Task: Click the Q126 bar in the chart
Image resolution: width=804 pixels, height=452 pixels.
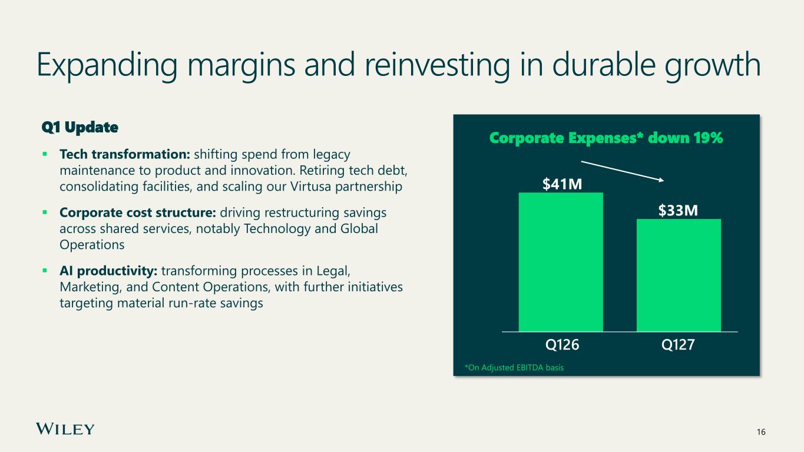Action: click(x=561, y=262)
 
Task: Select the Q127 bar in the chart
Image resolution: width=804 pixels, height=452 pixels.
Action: click(x=679, y=275)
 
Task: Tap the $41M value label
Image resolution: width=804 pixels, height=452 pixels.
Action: click(x=562, y=184)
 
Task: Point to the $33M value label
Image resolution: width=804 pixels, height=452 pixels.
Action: click(x=678, y=210)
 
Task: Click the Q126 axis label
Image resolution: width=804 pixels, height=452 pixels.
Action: click(x=562, y=345)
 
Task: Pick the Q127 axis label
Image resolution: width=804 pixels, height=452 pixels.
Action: click(x=678, y=345)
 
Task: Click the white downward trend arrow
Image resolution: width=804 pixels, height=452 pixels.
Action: click(x=623, y=171)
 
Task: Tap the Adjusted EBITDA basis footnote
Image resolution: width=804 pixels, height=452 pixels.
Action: click(x=514, y=368)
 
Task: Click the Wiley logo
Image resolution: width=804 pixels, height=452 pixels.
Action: click(x=65, y=429)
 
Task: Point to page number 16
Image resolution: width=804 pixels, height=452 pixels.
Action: click(x=761, y=432)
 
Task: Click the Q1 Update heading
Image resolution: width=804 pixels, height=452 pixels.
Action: click(x=80, y=127)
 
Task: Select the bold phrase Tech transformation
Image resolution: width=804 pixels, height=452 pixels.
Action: click(x=125, y=154)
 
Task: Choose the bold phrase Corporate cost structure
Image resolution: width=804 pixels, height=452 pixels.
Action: click(x=138, y=212)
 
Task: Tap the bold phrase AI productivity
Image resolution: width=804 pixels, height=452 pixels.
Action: click(x=108, y=271)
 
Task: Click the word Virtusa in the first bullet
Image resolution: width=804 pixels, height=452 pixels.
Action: click(x=310, y=187)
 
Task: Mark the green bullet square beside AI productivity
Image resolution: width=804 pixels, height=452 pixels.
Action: click(x=45, y=271)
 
